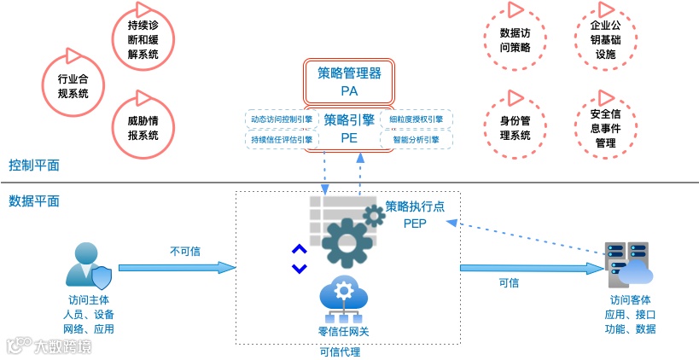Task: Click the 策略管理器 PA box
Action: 348,81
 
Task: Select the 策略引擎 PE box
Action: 348,128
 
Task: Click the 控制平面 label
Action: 34,165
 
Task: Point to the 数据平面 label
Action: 34,201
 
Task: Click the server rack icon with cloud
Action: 627,265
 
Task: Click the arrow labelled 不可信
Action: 176,267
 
